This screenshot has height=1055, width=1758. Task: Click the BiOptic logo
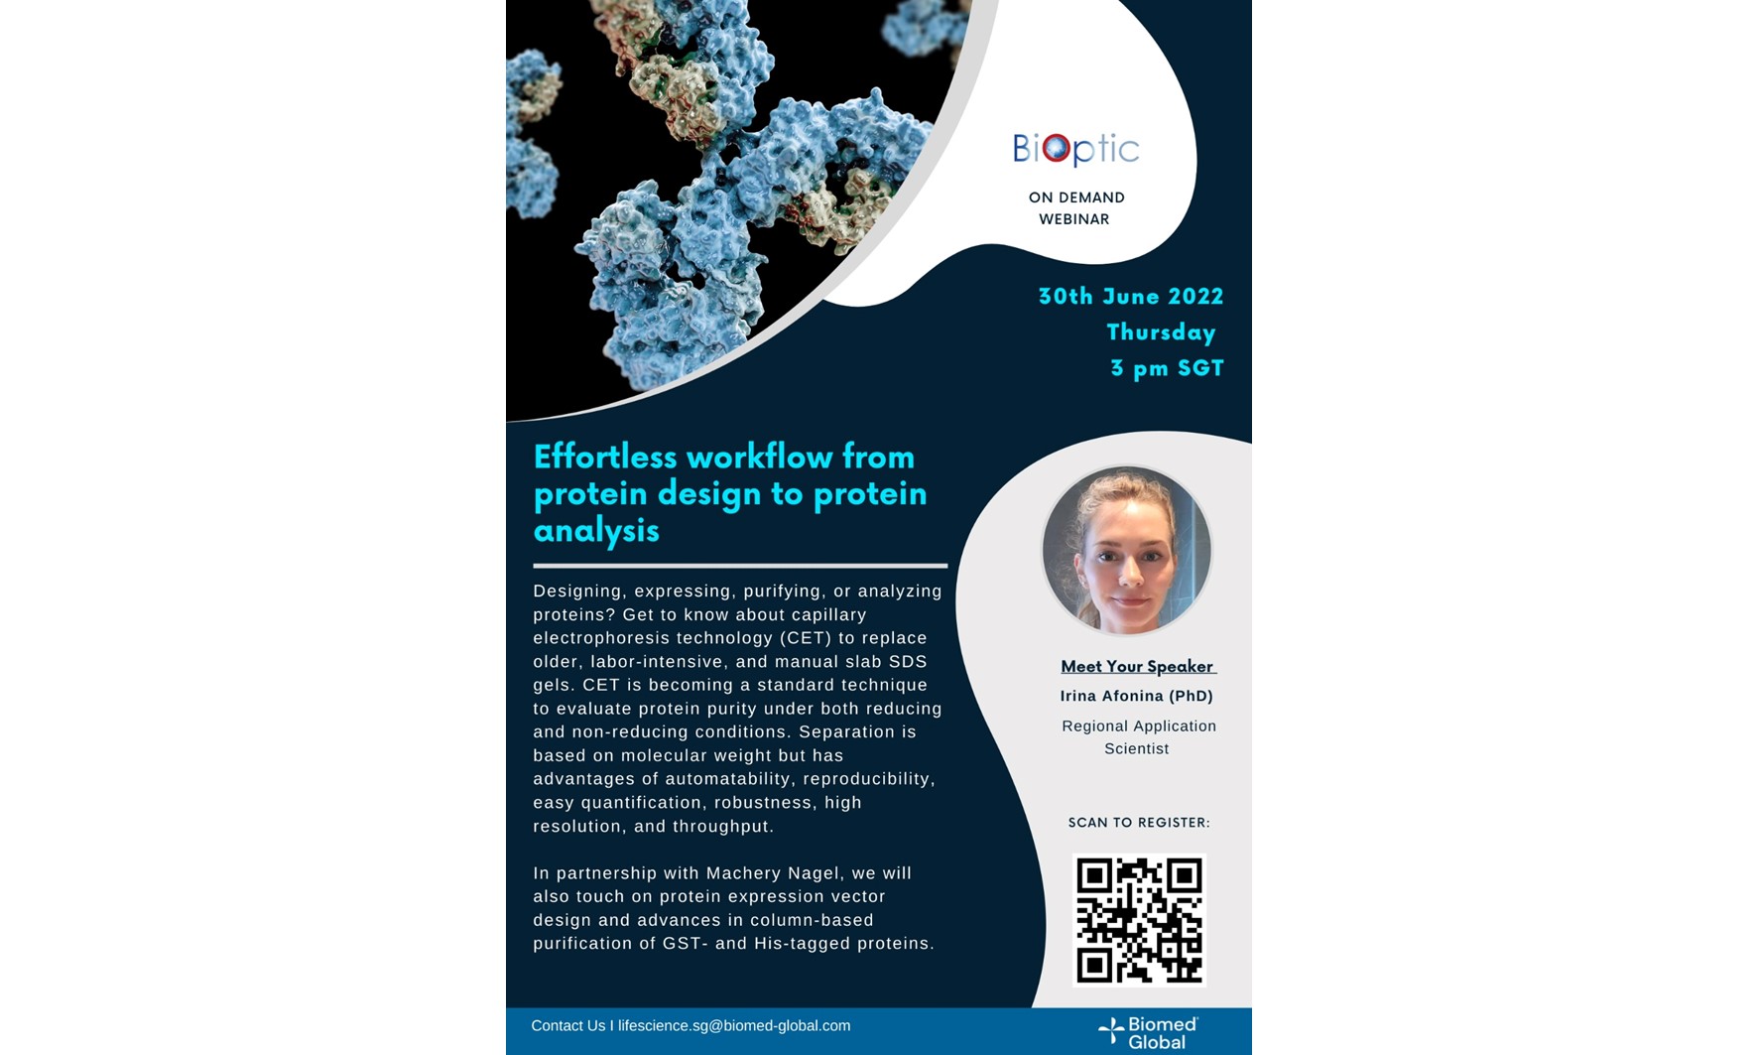pyautogui.click(x=1075, y=150)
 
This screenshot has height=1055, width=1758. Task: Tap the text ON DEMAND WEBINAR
pyautogui.click(x=1075, y=208)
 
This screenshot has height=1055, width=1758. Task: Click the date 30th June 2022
pyautogui.click(x=1130, y=297)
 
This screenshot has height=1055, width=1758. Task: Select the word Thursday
pyautogui.click(x=1161, y=332)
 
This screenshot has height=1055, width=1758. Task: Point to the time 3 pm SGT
pyautogui.click(x=1167, y=368)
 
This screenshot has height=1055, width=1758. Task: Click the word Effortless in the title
pyautogui.click(x=604, y=457)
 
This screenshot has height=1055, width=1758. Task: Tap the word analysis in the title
pyautogui.click(x=596, y=530)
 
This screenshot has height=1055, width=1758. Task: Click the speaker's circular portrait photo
pyautogui.click(x=1126, y=551)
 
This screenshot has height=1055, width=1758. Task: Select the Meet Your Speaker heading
pyautogui.click(x=1137, y=666)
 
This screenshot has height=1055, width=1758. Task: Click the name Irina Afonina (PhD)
pyautogui.click(x=1136, y=696)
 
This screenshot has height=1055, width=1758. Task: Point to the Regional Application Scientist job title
pyautogui.click(x=1138, y=736)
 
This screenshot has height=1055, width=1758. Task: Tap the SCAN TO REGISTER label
pyautogui.click(x=1139, y=822)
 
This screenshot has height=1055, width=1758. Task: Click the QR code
pyautogui.click(x=1139, y=920)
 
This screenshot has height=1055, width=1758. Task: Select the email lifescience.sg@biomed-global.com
pyautogui.click(x=734, y=1025)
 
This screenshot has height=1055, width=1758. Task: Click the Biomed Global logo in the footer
pyautogui.click(x=1148, y=1032)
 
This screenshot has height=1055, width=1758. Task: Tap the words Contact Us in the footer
pyautogui.click(x=567, y=1025)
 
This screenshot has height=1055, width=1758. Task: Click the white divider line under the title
pyautogui.click(x=740, y=566)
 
